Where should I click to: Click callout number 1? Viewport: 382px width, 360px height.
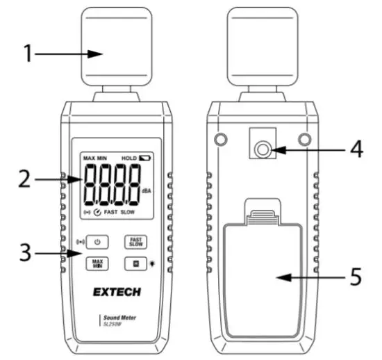[28, 54]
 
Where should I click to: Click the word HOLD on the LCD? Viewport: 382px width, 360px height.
[128, 158]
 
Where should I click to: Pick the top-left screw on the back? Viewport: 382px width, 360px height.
[221, 139]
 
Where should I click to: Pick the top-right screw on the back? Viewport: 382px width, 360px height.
[304, 139]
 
